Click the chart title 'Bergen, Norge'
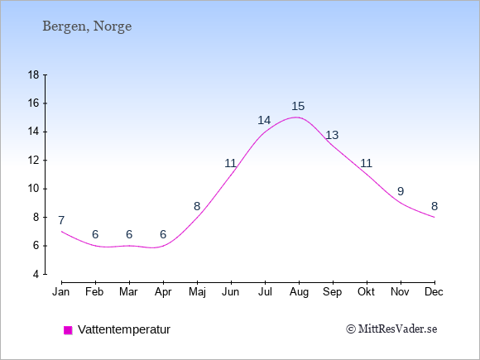click(x=87, y=26)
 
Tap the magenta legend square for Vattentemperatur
click(x=68, y=330)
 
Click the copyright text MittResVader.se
click(x=391, y=329)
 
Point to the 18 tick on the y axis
click(x=46, y=74)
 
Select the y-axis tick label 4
click(x=36, y=274)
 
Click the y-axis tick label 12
click(x=34, y=160)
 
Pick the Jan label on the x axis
click(x=61, y=292)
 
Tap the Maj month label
click(x=197, y=292)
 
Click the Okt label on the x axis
click(x=366, y=292)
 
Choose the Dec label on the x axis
click(x=434, y=292)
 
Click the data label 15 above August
click(x=298, y=106)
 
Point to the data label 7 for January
click(x=61, y=220)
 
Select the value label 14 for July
click(x=264, y=120)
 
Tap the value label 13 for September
click(x=332, y=135)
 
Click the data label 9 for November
click(x=401, y=191)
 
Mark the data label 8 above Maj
click(x=197, y=206)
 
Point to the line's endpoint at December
click(x=434, y=217)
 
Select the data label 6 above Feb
click(x=95, y=234)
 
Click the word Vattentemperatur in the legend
click(x=124, y=329)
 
